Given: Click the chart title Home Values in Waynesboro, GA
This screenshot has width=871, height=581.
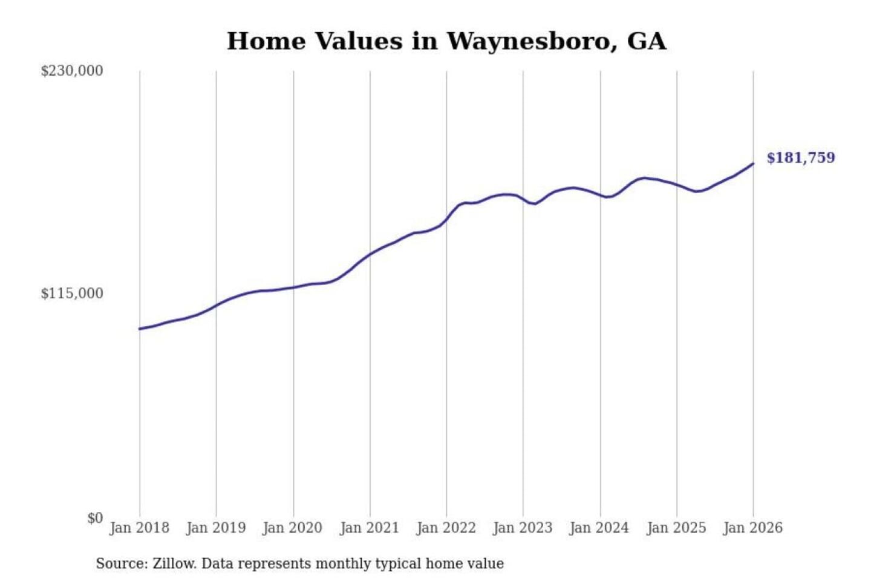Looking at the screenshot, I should (x=446, y=41).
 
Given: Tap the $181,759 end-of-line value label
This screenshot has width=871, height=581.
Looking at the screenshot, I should (x=800, y=158).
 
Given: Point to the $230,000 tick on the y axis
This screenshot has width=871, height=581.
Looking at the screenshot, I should (x=72, y=71).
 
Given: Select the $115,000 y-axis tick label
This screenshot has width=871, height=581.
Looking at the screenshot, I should (x=72, y=294).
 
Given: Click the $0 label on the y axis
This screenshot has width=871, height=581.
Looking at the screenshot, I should (x=95, y=518).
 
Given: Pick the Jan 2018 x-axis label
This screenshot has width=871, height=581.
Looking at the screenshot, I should (x=139, y=528).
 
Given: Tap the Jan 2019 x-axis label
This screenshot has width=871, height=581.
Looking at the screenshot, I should (x=216, y=528).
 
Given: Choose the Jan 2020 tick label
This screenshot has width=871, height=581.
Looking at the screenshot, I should (x=293, y=528).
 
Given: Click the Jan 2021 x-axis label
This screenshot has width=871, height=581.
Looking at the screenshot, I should (x=370, y=528).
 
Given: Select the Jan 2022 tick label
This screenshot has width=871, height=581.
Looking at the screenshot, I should (x=446, y=528).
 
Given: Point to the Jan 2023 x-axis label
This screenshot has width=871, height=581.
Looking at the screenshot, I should (x=523, y=528).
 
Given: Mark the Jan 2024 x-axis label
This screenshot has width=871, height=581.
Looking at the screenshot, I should (x=599, y=528).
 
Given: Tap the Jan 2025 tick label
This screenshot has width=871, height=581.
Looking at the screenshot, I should (x=676, y=528).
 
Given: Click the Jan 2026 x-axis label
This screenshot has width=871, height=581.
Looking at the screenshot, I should (x=753, y=528).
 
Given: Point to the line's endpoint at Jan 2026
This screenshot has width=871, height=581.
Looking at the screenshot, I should (x=753, y=163).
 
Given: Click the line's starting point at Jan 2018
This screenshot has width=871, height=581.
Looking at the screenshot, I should (x=140, y=329).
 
